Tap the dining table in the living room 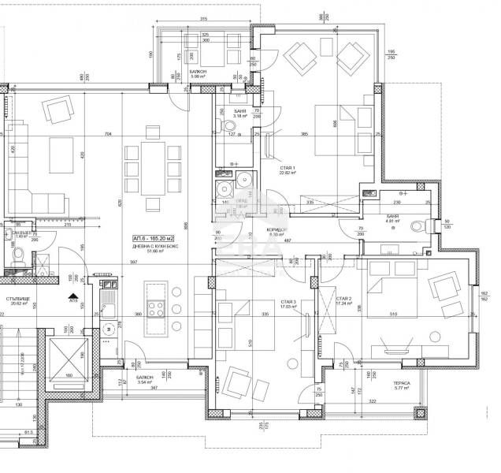pos(154,168)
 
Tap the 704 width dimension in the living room pos(107,134)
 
